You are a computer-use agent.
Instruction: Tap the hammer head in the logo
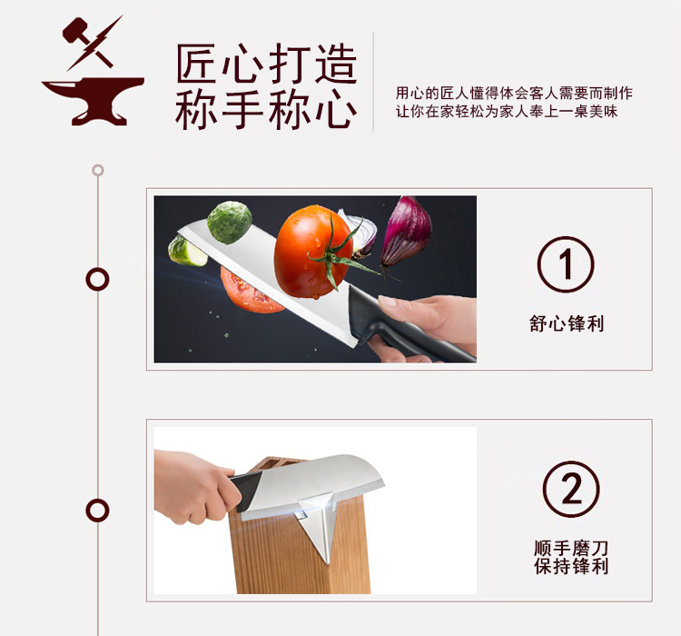point(74,30)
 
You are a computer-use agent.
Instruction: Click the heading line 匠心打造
point(266,64)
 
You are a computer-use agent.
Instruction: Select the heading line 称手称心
point(266,109)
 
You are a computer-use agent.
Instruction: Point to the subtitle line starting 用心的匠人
point(514,93)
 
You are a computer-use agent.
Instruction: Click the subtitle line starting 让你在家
point(507,111)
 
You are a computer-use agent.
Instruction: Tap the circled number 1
point(566,264)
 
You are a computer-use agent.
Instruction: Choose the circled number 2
point(571,489)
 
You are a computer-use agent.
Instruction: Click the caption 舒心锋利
point(567,323)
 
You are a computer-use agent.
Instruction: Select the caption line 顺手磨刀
point(571,548)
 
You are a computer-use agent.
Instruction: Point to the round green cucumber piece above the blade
point(230,222)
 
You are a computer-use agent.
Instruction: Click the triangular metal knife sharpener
point(318,525)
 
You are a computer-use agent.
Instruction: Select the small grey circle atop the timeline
point(98,170)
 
